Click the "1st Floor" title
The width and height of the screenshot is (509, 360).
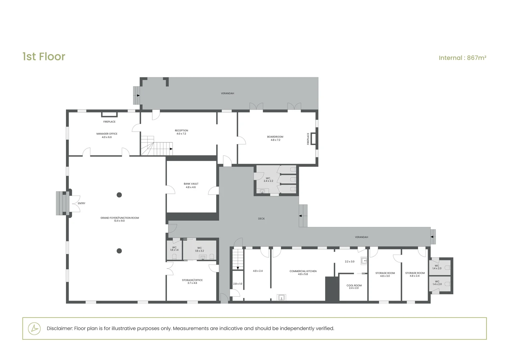44,57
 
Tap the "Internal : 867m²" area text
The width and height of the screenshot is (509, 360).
462,58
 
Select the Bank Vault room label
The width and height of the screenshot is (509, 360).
191,185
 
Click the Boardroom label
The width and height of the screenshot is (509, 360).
275,138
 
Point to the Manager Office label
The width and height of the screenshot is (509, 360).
107,135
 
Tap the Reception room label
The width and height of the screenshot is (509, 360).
181,132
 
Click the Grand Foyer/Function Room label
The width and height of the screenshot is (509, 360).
120,219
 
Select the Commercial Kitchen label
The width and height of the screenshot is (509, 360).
303,273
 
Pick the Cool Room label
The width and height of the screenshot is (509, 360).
354,287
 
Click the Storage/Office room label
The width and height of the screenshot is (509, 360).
192,282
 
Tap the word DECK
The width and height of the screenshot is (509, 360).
261,219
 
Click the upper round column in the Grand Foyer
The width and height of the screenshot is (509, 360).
119,195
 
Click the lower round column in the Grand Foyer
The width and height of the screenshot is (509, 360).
119,251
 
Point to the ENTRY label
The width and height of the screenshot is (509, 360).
82,203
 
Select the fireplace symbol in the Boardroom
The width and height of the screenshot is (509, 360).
313,138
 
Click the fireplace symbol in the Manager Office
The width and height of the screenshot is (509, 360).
109,114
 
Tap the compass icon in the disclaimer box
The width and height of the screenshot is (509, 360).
34,328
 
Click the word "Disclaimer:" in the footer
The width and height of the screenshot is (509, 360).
60,328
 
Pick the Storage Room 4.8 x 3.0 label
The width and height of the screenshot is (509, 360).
385,274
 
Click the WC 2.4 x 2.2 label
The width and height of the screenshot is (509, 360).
268,180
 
